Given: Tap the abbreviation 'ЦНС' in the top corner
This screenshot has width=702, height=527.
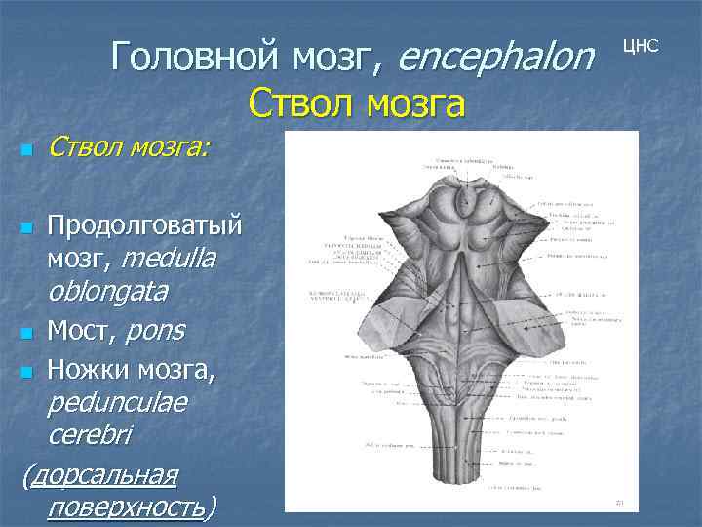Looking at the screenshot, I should (x=641, y=46).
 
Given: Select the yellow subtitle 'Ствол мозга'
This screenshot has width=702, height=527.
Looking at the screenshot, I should (x=357, y=101).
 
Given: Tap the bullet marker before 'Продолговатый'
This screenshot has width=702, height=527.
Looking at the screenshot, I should (x=27, y=228).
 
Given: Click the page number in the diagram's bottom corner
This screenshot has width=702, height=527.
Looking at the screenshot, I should (x=618, y=502).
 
